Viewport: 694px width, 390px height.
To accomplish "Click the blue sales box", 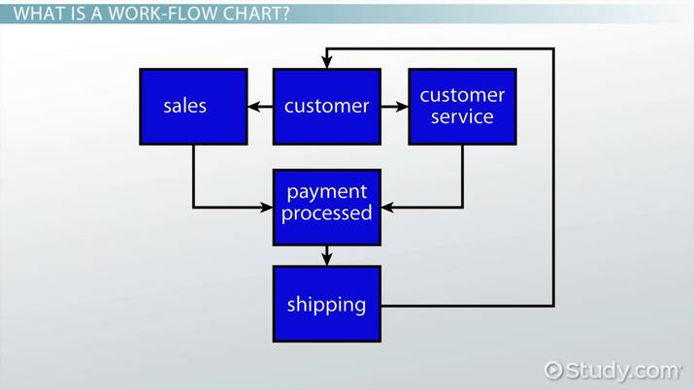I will (193, 106).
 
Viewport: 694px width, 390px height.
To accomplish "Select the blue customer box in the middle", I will (326, 106).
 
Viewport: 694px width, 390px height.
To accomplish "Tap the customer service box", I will (461, 106).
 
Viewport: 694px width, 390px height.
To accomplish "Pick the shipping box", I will (326, 304).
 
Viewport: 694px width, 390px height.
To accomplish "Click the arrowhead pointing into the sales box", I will (254, 106).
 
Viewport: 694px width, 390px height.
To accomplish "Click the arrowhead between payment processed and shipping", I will (326, 257).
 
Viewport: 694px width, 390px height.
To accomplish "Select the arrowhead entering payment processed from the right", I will (387, 207).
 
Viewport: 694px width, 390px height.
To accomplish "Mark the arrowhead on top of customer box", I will (326, 61).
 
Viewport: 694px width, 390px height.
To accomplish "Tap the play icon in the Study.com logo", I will (553, 370).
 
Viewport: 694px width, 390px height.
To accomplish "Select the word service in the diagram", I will (461, 117).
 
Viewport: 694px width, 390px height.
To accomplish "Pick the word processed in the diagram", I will (326, 213).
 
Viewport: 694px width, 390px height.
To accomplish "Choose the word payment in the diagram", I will (326, 192).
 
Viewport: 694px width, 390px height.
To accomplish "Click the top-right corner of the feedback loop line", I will (553, 47).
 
